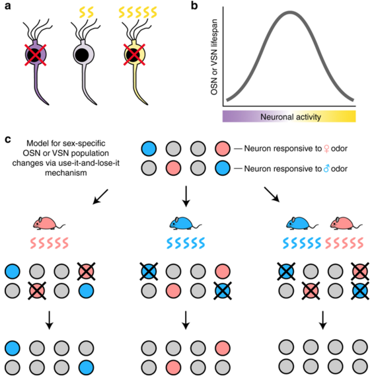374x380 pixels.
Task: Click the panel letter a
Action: [8, 5]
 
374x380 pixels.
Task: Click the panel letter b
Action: [194, 5]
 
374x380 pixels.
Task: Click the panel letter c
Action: [8, 139]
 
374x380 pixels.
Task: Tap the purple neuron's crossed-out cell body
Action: [36, 55]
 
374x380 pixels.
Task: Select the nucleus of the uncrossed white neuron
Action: [81, 55]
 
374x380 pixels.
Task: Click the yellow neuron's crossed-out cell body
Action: [134, 55]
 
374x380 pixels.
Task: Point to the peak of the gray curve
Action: [290, 13]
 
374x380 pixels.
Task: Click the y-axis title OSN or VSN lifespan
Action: [214, 57]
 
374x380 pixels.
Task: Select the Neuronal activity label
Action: [291, 117]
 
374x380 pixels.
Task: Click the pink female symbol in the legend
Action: [326, 149]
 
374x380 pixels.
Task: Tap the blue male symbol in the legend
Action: [326, 169]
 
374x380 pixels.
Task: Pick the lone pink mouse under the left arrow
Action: [49, 223]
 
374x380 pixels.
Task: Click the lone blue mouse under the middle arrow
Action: [186, 223]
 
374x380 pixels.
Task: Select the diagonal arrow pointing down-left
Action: [100, 196]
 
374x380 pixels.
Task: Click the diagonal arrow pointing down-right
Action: [272, 194]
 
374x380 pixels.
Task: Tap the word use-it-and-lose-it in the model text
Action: [89, 163]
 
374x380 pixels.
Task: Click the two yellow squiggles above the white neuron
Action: [87, 13]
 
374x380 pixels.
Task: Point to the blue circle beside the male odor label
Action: [222, 169]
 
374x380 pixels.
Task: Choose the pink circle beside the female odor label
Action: [222, 149]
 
